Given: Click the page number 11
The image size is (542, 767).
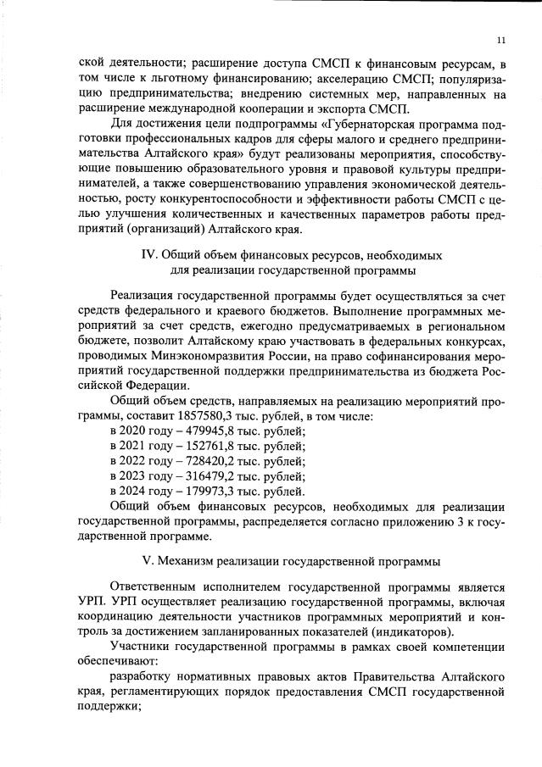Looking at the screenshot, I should (x=501, y=39).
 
